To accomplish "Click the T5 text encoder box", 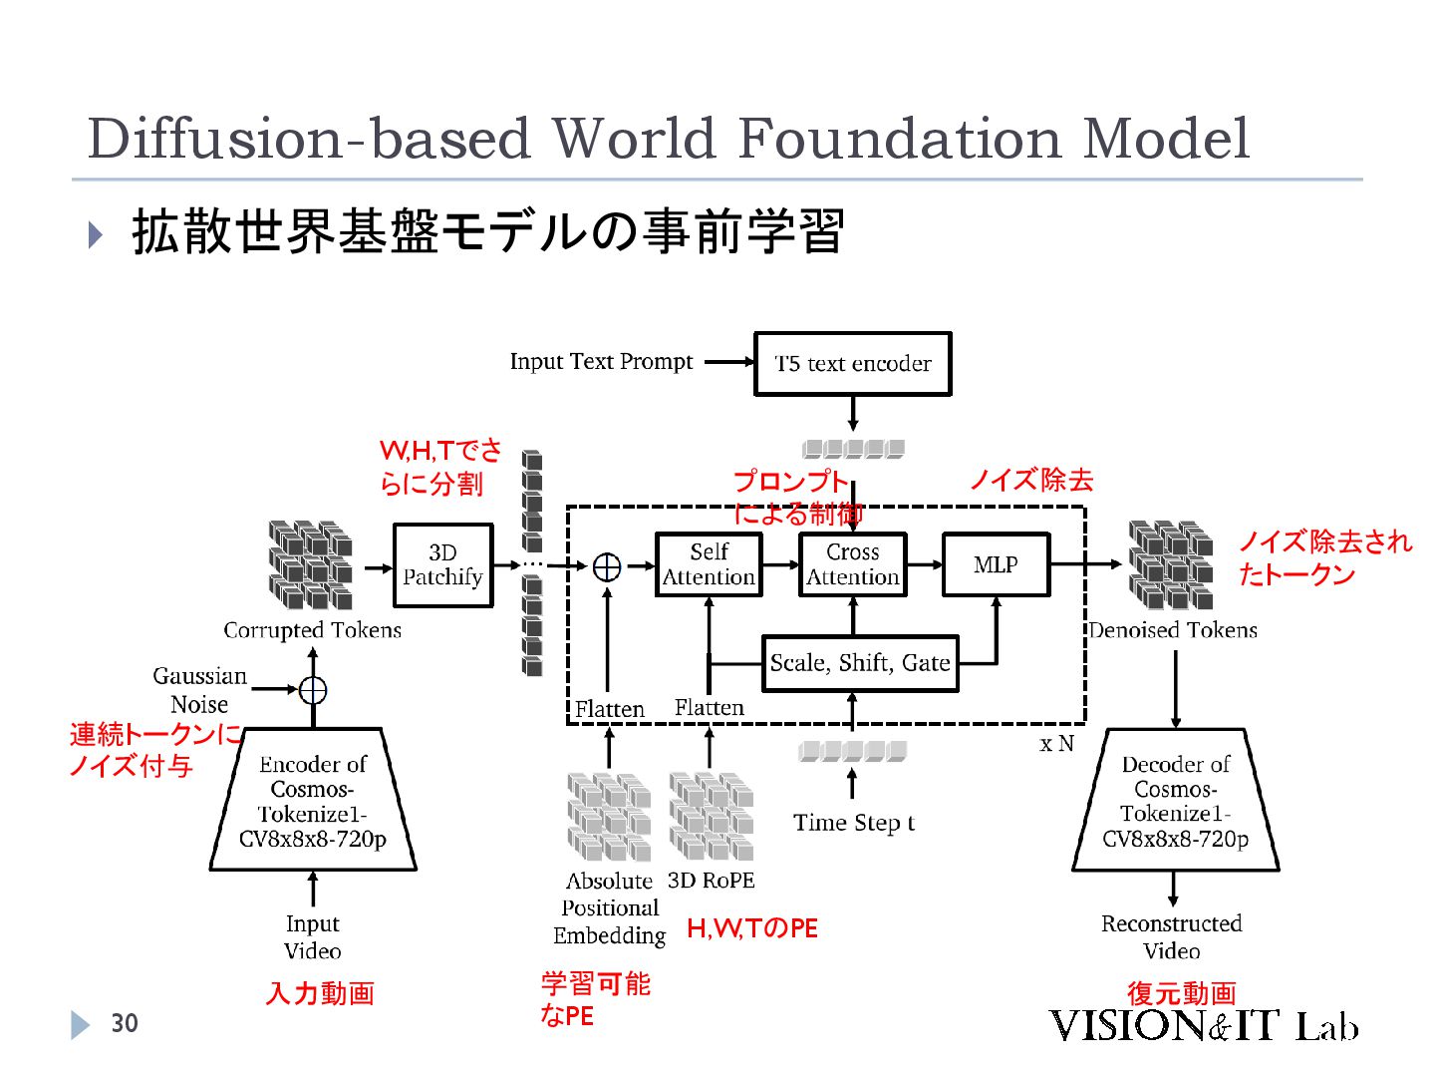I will (852, 364).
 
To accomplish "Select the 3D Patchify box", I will (442, 564).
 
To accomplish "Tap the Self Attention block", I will (709, 564).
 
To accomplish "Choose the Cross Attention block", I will (852, 564).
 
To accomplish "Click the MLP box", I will (996, 564).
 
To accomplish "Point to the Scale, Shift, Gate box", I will (859, 663).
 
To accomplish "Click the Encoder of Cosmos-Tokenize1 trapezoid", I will (313, 801).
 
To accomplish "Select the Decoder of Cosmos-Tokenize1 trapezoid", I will (1175, 801).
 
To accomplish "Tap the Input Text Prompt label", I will (601, 362).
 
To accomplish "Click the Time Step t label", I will (853, 823).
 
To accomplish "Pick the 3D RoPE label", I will (711, 881).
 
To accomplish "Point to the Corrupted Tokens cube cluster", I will (310, 563).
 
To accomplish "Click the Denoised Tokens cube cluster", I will (1170, 563).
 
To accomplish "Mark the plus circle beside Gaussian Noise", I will (313, 690).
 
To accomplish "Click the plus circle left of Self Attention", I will (607, 566).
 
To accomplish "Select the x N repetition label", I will (1056, 744).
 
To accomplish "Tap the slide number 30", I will (125, 1023).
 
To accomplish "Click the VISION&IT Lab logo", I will (1203, 1026).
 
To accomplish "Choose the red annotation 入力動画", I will (320, 993).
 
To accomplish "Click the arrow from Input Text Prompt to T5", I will (729, 362).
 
